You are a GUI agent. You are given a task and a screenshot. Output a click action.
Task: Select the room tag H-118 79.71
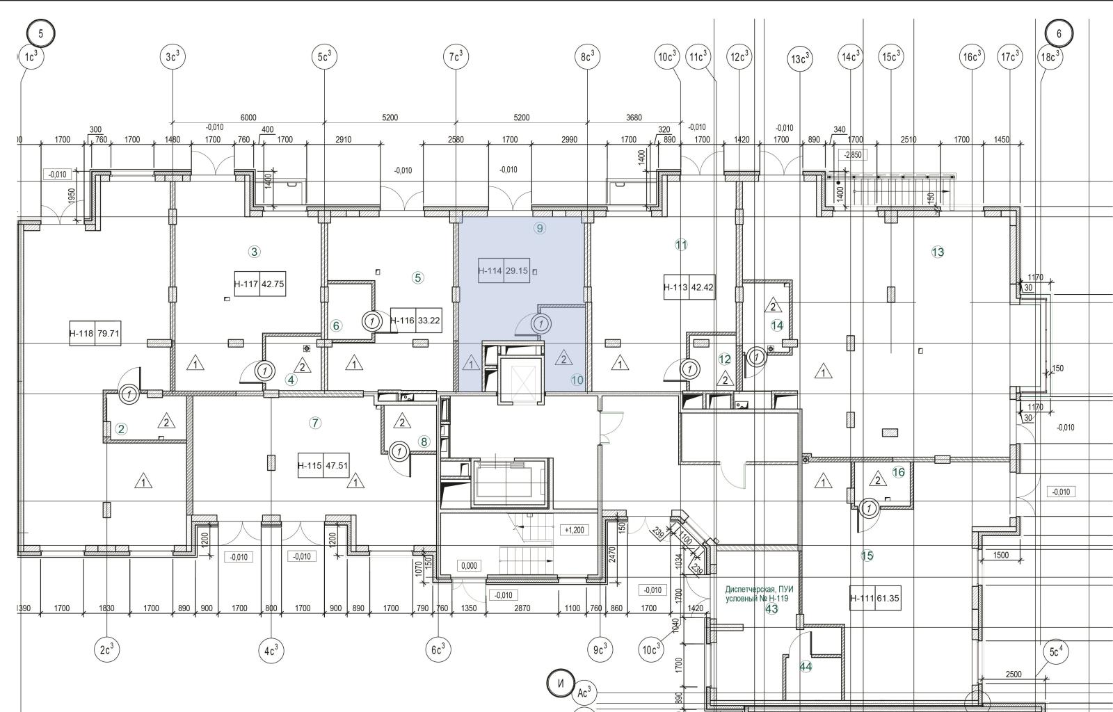point(95,333)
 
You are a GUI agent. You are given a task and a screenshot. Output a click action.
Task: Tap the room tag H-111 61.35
point(875,598)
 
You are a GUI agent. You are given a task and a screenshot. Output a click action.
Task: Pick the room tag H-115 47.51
point(323,466)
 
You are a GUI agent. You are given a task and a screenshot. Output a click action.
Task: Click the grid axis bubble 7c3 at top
point(456,56)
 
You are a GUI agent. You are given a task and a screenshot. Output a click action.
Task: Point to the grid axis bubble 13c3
point(800,59)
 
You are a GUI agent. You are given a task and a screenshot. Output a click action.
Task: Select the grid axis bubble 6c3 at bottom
point(438,650)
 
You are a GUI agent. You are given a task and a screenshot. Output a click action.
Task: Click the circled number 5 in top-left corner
point(41,33)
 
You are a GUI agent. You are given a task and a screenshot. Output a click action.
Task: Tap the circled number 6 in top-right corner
point(1059,33)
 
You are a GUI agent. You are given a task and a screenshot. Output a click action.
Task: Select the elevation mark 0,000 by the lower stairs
point(469,565)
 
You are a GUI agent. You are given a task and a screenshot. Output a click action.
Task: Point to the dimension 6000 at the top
point(248,118)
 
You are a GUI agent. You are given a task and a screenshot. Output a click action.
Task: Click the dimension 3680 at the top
point(634,118)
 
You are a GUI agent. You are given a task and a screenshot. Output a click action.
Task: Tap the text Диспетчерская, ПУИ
point(759,589)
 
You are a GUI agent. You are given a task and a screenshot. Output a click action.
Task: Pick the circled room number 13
point(938,252)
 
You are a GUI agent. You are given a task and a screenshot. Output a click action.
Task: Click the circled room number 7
point(315,423)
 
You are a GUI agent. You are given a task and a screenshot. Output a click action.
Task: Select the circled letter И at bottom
point(560,683)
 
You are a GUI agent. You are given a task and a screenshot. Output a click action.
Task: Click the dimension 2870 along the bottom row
point(522,608)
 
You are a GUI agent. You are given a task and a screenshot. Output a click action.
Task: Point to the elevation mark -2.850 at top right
point(853,155)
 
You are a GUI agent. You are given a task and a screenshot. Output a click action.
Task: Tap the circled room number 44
point(806,667)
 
